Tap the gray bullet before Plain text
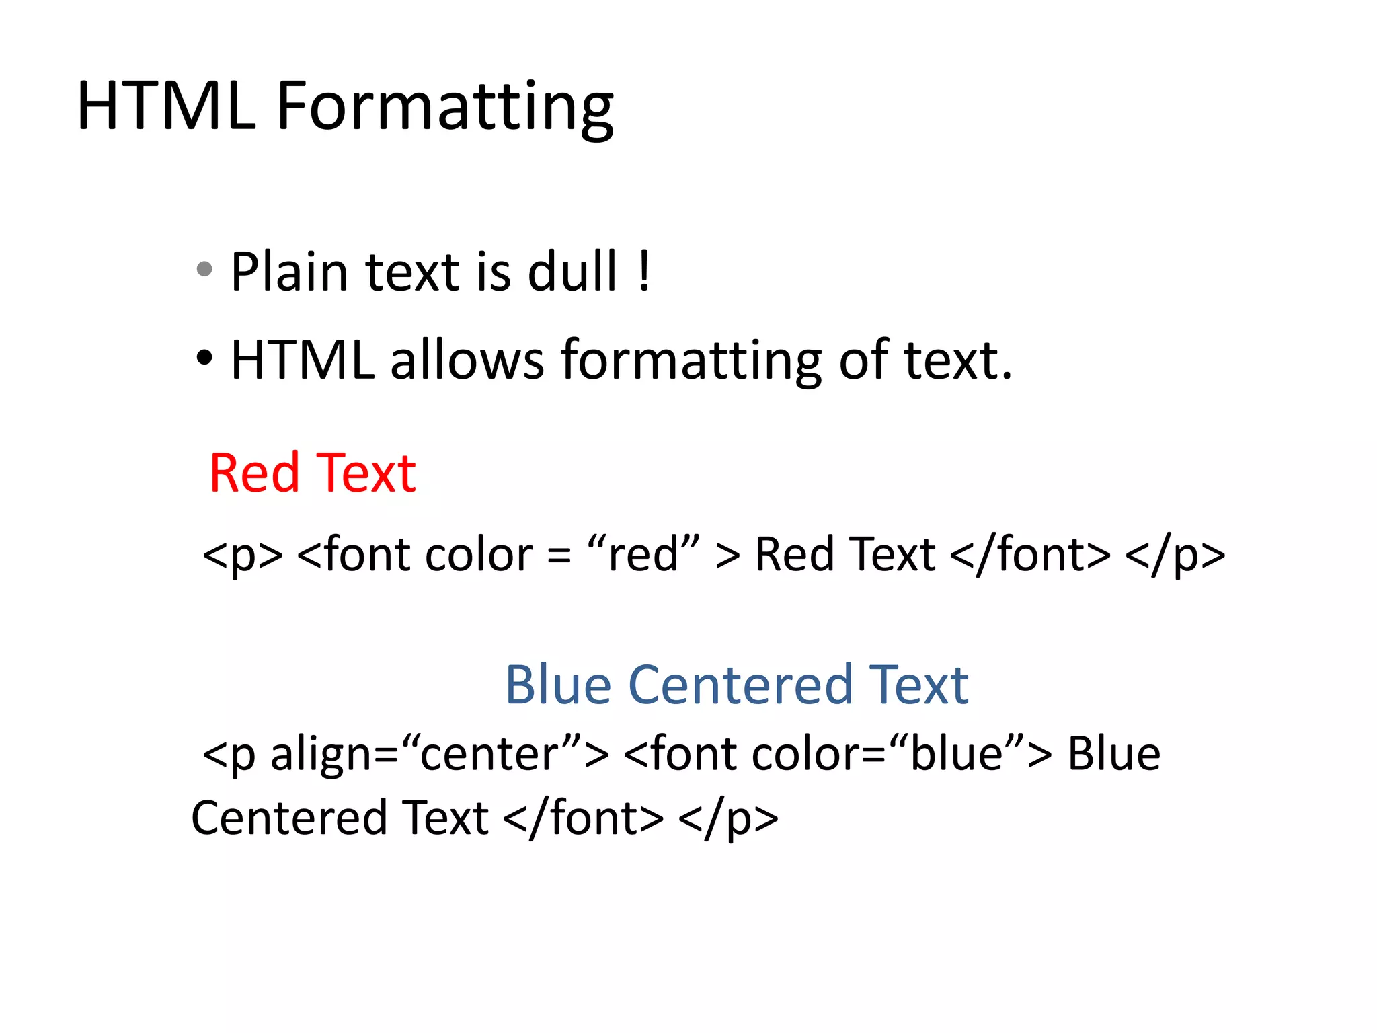point(204,270)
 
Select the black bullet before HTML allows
point(204,357)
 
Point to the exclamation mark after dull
point(644,271)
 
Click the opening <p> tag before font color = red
point(243,555)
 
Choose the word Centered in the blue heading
point(740,685)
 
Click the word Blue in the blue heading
point(558,685)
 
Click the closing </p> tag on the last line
point(728,818)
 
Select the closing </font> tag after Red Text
point(1031,555)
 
